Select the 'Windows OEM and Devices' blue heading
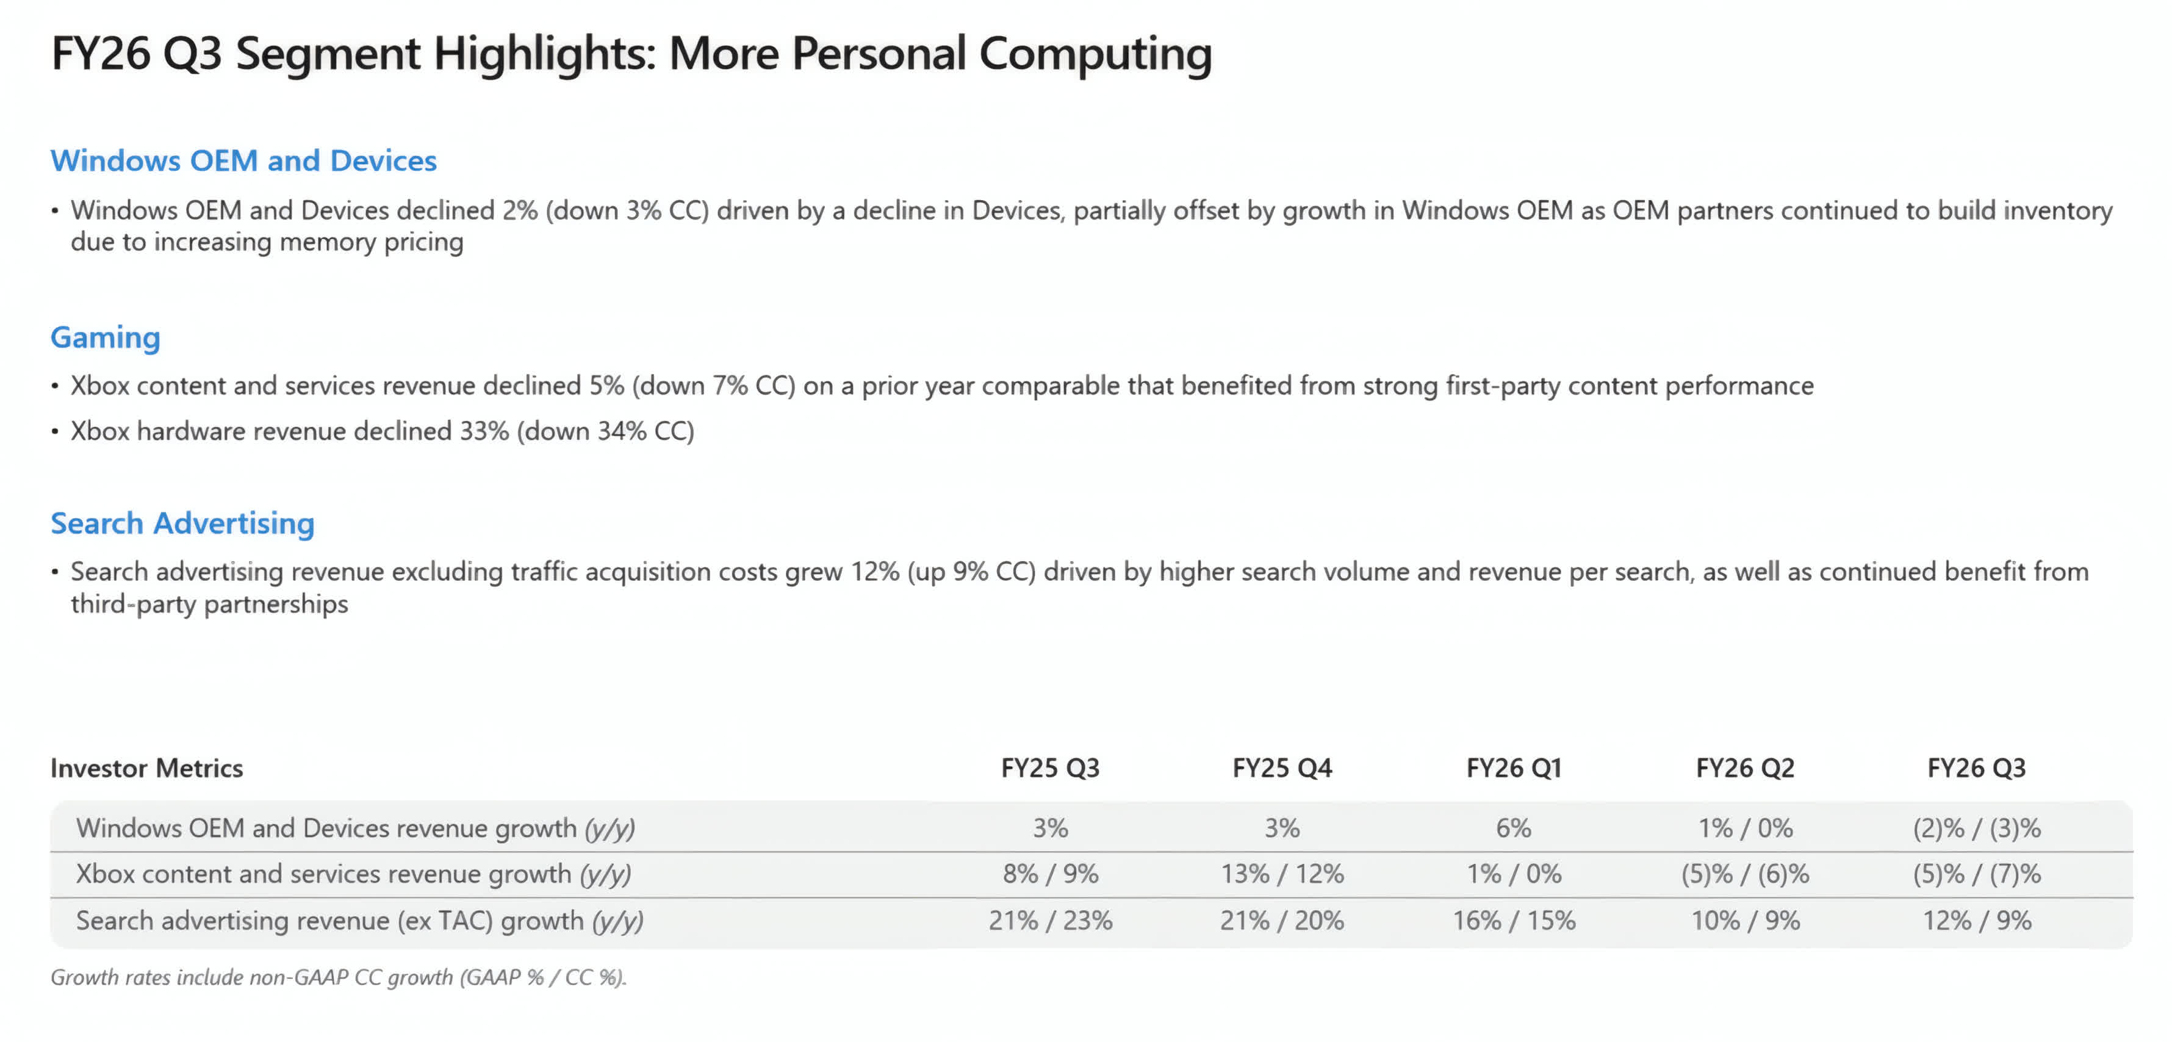(x=243, y=160)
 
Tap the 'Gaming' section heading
(x=106, y=337)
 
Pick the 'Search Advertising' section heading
(x=182, y=523)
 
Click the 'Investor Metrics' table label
(x=146, y=768)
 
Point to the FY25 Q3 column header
(x=1050, y=768)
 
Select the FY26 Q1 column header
(x=1514, y=768)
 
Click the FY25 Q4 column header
(x=1282, y=768)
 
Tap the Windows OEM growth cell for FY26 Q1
(x=1514, y=828)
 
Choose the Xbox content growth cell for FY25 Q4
(x=1282, y=874)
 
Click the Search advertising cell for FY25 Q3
(x=1050, y=920)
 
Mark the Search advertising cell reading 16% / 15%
(x=1514, y=920)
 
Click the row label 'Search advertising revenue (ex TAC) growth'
(x=359, y=921)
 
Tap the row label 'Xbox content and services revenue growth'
(x=353, y=874)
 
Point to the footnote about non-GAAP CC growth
(x=339, y=977)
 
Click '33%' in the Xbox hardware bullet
(x=484, y=431)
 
